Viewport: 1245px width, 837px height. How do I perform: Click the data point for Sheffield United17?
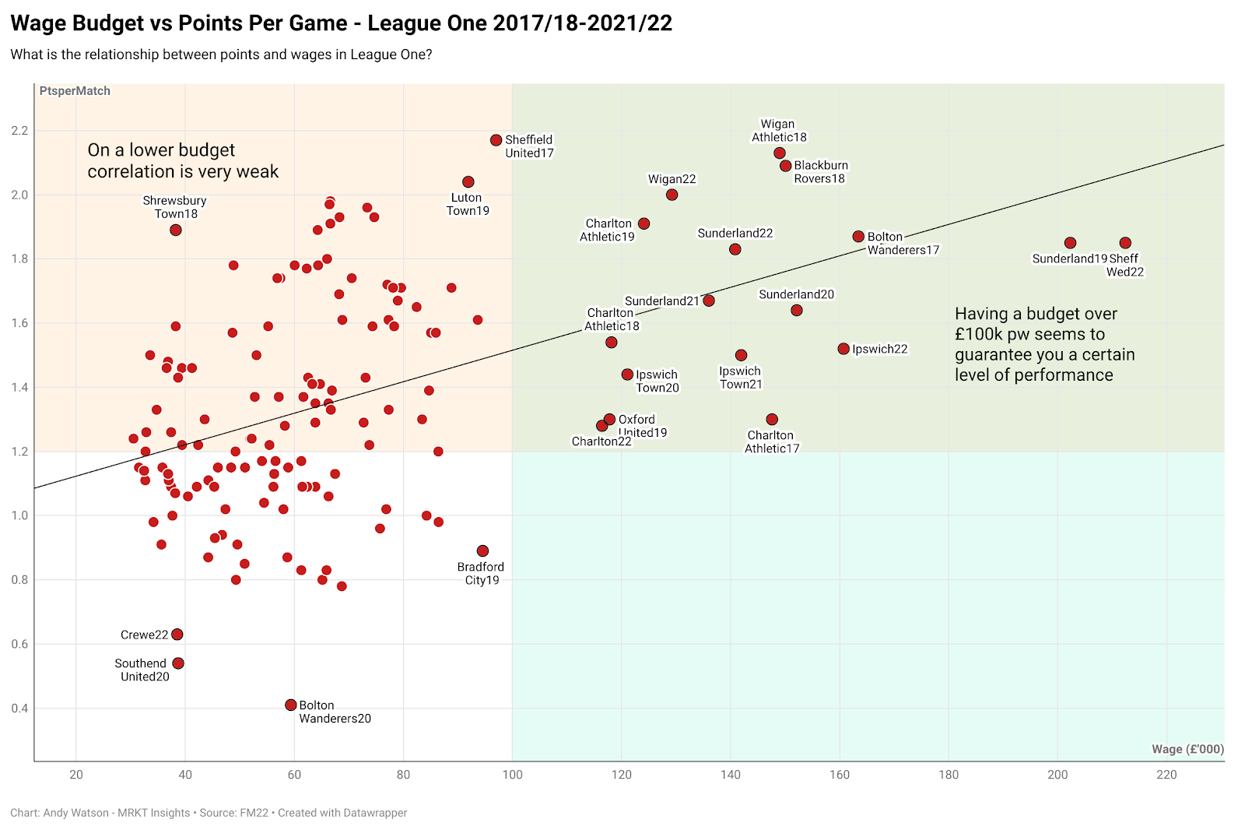click(496, 140)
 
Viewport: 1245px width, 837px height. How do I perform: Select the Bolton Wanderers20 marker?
click(291, 705)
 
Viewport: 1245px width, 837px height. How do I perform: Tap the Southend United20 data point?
click(178, 663)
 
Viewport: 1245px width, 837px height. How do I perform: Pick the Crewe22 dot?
click(177, 635)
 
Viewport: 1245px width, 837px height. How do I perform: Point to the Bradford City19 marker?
click(482, 551)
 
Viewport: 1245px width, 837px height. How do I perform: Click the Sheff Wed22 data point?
click(1125, 243)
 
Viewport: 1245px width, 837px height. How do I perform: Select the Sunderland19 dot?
click(1070, 243)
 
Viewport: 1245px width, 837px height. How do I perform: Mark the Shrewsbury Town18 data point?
click(176, 230)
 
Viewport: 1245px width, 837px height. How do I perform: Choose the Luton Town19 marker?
click(468, 181)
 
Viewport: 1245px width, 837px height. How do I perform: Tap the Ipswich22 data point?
click(843, 349)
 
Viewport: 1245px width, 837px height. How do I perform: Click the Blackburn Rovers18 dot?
click(786, 166)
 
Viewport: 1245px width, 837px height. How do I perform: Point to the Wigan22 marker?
click(672, 195)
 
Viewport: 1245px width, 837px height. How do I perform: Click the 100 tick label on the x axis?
click(512, 775)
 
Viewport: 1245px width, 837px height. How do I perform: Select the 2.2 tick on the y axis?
click(19, 131)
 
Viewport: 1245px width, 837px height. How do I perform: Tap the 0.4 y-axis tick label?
click(19, 709)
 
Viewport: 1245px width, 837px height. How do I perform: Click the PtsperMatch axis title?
click(75, 91)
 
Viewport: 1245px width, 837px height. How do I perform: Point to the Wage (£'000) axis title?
click(1187, 749)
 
